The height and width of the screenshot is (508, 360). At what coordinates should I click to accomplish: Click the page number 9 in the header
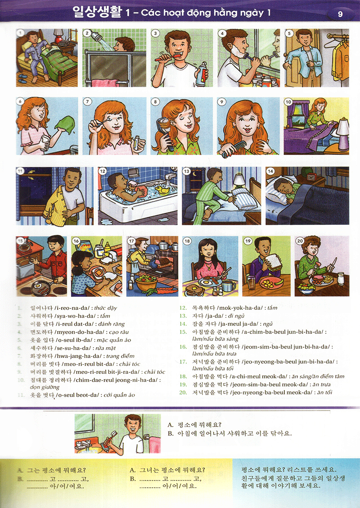340,14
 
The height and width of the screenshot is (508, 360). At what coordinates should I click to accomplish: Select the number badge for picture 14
270,171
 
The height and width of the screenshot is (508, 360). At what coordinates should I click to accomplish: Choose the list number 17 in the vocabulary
183,361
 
